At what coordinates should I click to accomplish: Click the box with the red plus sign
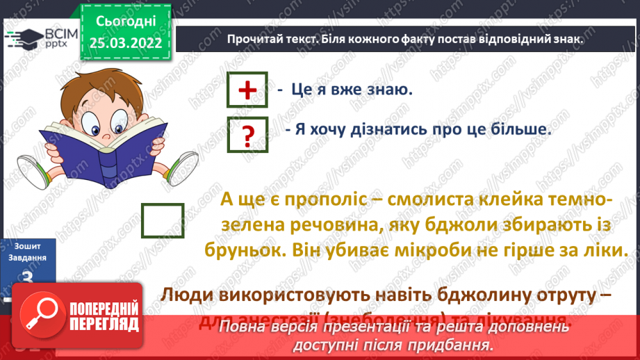[247, 90]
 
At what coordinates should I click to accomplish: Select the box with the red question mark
[247, 133]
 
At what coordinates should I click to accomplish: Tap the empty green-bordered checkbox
[163, 221]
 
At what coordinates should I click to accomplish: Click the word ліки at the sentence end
[597, 250]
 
